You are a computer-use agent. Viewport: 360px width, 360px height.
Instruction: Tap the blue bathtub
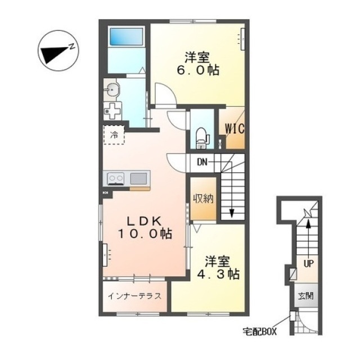pos(127,37)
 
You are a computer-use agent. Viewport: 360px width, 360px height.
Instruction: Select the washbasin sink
pos(112,89)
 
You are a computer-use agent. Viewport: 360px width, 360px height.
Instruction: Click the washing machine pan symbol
pos(112,111)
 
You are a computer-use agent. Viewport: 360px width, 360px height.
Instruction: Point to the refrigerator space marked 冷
pos(114,135)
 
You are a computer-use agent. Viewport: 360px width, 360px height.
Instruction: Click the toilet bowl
pos(202,138)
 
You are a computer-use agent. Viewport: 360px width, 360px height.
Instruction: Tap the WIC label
pos(235,129)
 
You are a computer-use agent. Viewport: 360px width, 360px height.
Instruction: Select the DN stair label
pos(202,163)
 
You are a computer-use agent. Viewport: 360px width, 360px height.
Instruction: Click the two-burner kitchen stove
pos(116,178)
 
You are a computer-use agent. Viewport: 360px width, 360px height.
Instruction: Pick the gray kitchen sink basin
pos(138,178)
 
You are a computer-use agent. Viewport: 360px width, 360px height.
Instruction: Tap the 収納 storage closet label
pos(203,199)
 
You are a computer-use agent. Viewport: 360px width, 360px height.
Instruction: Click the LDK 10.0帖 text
pos(145,227)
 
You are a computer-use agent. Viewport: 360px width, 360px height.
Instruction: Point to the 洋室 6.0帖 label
pos(197,64)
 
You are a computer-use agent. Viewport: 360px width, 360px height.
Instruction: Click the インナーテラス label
pos(134,296)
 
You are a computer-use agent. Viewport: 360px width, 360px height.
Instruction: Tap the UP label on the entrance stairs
pos(308,264)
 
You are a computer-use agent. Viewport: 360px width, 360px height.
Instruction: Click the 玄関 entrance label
pos(306,296)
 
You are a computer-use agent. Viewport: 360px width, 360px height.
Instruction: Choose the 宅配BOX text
pos(260,332)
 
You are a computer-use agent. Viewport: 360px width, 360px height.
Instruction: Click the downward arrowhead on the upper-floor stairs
pos(232,213)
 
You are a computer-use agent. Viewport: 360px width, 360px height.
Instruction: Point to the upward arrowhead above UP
pos(308,223)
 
